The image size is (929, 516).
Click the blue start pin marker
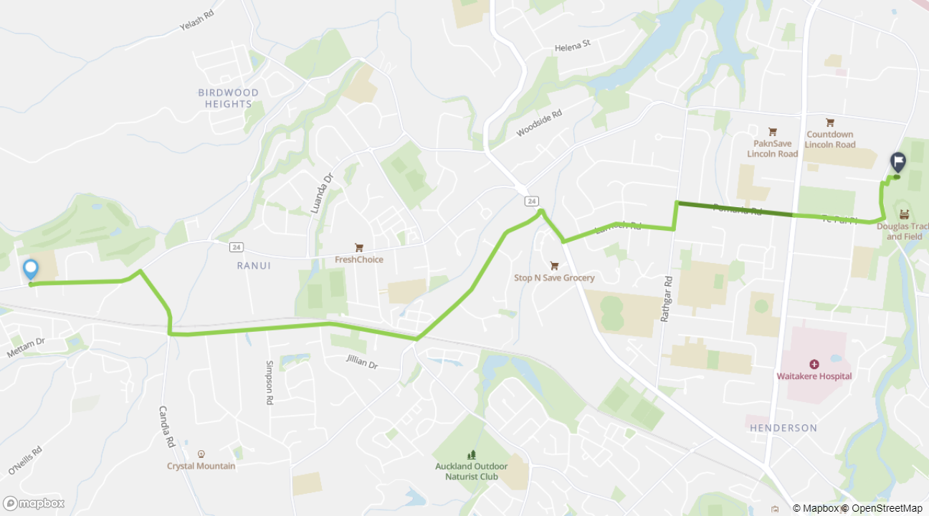(30, 269)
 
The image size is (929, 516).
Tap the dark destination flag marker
(897, 162)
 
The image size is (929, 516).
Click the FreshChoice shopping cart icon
(359, 248)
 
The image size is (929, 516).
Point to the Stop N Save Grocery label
(554, 277)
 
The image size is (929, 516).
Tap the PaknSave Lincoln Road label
(772, 149)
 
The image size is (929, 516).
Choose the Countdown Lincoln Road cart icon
(830, 123)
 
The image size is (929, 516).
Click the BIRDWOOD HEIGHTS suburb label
(229, 98)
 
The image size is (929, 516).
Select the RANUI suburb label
(254, 265)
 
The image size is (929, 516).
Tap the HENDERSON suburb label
(783, 428)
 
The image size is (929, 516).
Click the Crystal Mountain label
(201, 466)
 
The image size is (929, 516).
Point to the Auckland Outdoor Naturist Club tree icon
(471, 454)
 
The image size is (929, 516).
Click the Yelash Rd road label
(196, 22)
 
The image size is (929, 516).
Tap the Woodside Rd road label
(539, 123)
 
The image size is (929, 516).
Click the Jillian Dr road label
(361, 361)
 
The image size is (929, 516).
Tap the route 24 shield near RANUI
(236, 247)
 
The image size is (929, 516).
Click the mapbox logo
(34, 503)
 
